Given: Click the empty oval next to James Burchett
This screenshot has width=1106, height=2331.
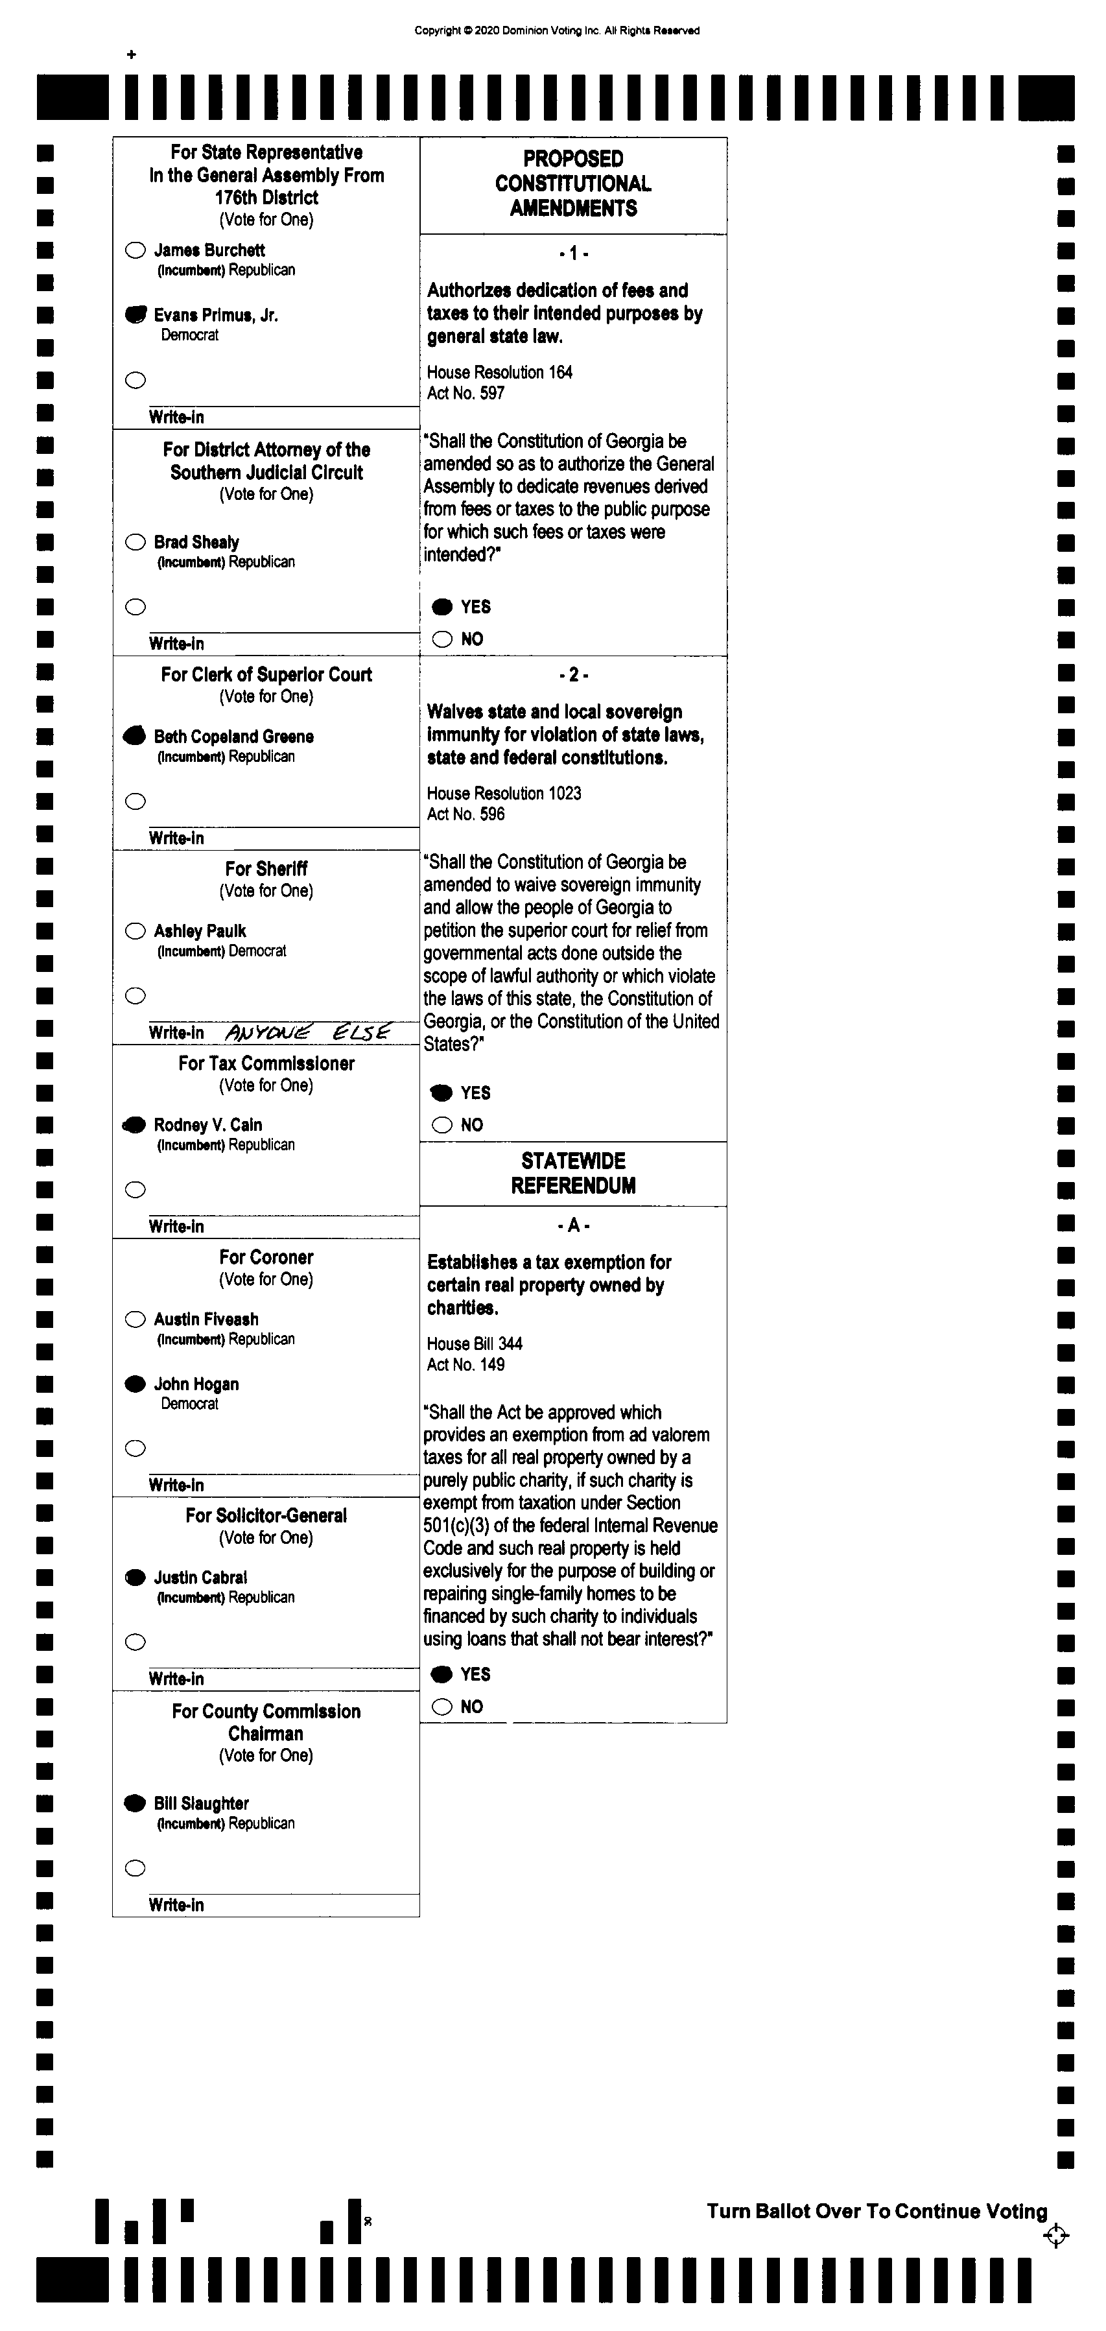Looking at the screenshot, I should coord(135,251).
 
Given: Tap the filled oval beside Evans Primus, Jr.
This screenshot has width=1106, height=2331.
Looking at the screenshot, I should coord(135,315).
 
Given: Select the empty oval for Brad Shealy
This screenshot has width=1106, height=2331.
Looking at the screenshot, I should coord(135,542).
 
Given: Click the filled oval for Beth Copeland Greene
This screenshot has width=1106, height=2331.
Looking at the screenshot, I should coord(134,736).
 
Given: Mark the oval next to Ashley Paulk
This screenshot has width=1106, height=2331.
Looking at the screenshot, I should coord(135,931).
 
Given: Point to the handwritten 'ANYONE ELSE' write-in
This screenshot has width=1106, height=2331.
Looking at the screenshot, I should coord(308,1032).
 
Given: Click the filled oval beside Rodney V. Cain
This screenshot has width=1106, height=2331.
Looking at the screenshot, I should coord(134,1125).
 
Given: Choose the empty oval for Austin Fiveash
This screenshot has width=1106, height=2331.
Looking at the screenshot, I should coord(135,1319).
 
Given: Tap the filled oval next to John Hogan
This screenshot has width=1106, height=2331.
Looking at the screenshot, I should coord(135,1384).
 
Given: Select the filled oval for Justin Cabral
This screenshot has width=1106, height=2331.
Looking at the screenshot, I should coord(135,1577).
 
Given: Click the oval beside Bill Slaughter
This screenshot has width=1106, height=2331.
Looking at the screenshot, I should coord(135,1803).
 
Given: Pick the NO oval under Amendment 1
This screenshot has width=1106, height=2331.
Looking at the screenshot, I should coord(441,639).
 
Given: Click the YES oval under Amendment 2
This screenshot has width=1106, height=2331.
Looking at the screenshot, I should coord(441,1093).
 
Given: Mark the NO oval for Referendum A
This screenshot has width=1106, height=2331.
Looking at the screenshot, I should coord(441,1707).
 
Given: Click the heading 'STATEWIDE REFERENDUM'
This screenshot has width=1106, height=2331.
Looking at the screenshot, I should coord(573,1173).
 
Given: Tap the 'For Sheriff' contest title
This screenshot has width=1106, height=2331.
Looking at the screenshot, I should coord(266,869).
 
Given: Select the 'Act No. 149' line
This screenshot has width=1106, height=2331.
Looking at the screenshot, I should coord(466,1365).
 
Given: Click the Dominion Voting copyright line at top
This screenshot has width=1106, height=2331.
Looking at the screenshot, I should coord(557,30).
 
